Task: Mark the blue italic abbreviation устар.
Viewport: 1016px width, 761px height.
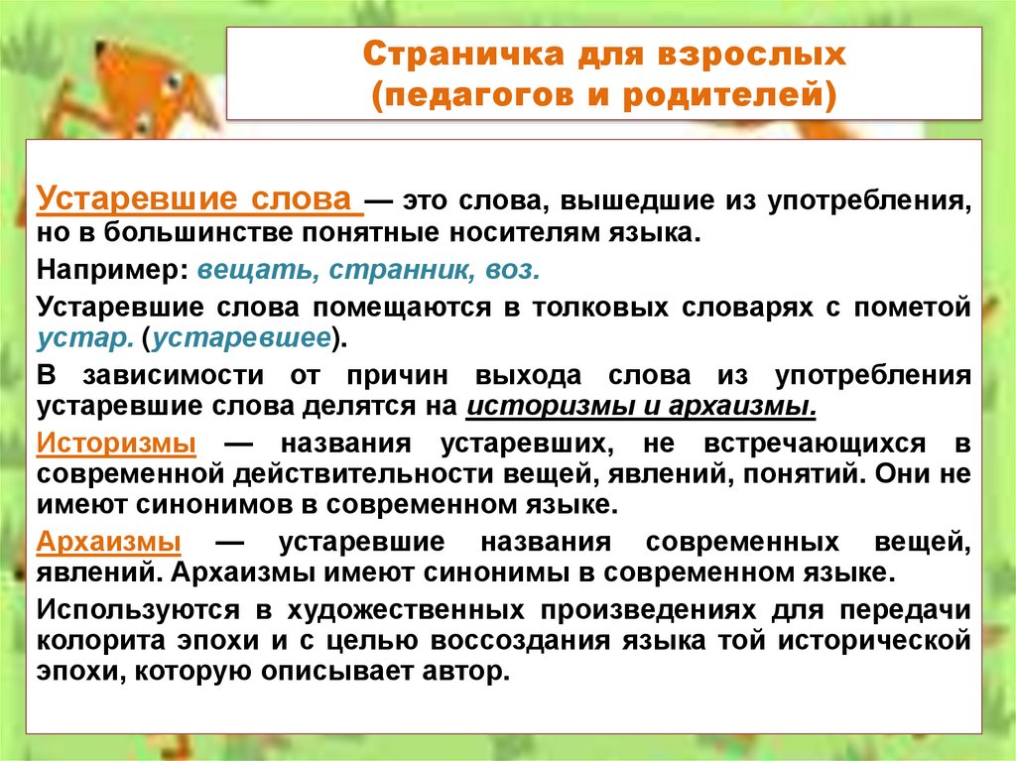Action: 84,337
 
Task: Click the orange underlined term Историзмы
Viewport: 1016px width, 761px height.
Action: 115,442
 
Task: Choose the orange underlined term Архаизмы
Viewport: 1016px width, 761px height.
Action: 108,542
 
